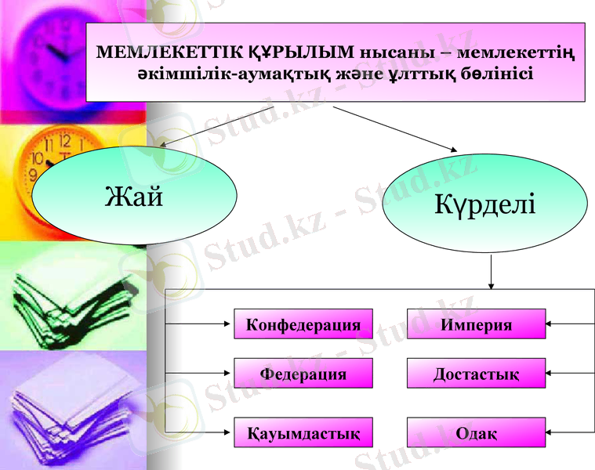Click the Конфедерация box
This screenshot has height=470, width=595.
[x=303, y=324]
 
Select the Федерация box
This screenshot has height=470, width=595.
[x=303, y=374]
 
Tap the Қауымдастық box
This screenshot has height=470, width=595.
[x=303, y=432]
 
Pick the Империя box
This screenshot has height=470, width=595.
[x=476, y=324]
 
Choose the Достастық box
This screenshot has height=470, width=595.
[x=476, y=374]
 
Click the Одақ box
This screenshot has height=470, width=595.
[x=476, y=432]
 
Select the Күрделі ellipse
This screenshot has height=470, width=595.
[x=484, y=204]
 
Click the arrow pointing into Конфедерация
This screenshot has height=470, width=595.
[x=201, y=323]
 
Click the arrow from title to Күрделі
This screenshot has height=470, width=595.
[x=396, y=128]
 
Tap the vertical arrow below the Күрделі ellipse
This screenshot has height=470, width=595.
[x=491, y=271]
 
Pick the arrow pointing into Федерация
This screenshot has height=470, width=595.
[x=201, y=373]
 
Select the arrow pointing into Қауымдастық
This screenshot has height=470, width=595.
[x=201, y=431]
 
